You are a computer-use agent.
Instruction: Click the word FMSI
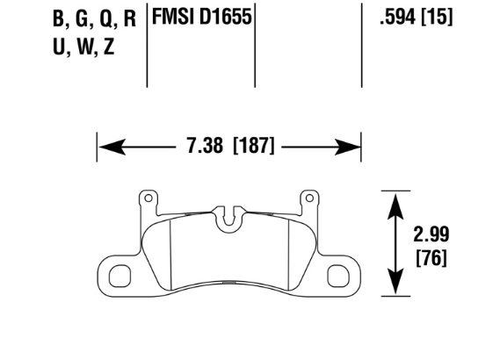pyautogui.click(x=173, y=17)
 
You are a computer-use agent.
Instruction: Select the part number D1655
pyautogui.click(x=223, y=17)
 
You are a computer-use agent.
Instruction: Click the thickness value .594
pyautogui.click(x=395, y=17)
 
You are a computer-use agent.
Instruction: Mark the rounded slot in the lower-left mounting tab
pyautogui.click(x=120, y=277)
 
